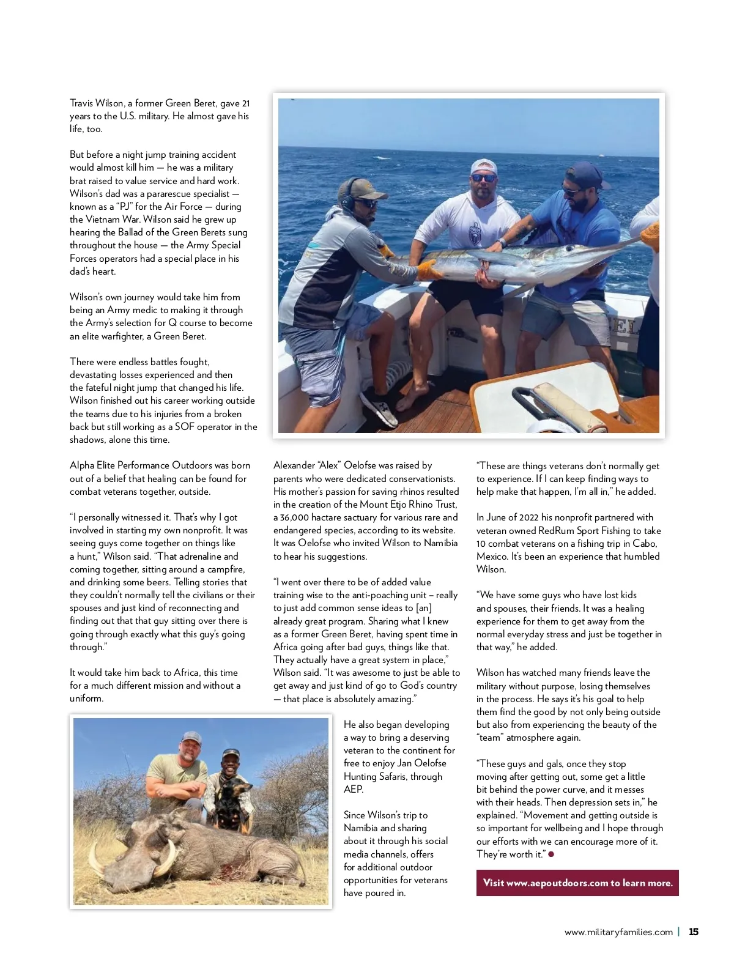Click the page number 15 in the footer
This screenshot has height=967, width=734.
tap(694, 932)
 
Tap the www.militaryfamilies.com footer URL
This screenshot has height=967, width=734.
tap(618, 932)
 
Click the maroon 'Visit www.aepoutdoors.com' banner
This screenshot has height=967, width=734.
tap(577, 883)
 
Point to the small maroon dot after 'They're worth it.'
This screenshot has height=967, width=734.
tap(551, 854)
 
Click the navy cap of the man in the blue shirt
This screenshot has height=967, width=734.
tap(585, 174)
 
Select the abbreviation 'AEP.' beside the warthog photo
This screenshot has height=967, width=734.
tap(354, 790)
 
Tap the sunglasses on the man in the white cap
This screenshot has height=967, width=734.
tap(483, 178)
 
